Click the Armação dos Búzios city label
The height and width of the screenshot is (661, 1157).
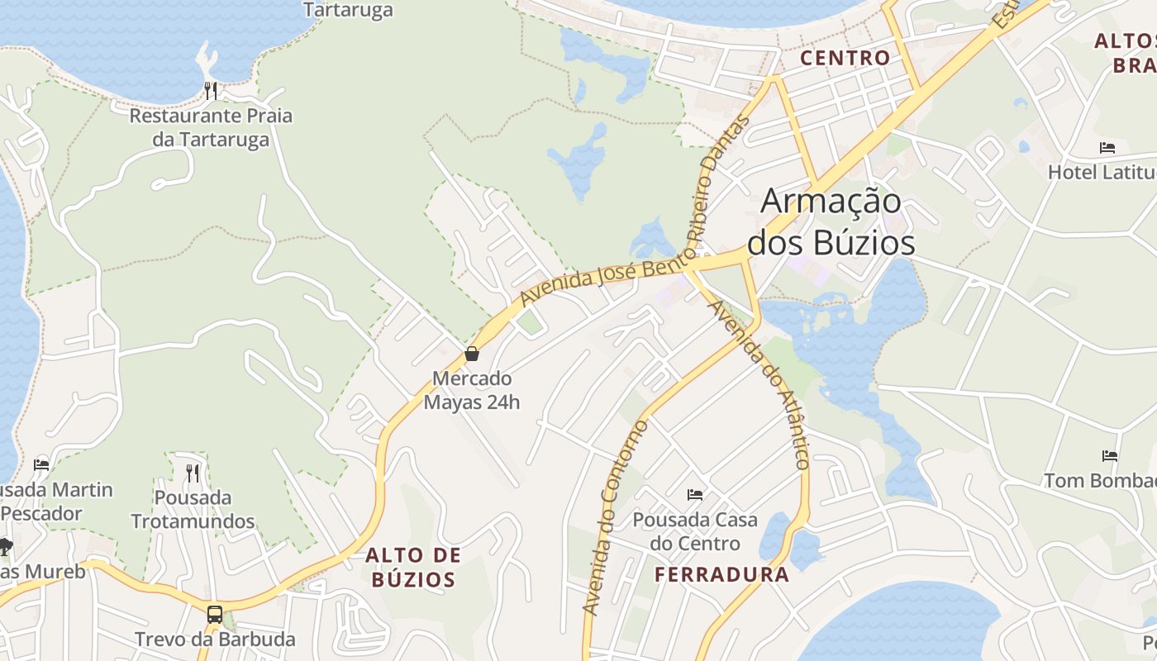tap(831, 221)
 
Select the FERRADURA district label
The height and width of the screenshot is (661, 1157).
tap(722, 574)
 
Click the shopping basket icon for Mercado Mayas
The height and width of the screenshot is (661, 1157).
tap(472, 354)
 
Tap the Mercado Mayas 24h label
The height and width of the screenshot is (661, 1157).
tap(472, 391)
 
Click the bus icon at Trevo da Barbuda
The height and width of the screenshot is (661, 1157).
tap(214, 614)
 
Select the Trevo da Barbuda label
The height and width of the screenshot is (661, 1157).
tap(215, 640)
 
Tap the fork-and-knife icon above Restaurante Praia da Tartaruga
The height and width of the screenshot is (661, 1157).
tap(211, 90)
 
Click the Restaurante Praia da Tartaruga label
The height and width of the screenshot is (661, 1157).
tap(211, 127)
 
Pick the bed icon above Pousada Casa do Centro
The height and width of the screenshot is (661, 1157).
tap(695, 495)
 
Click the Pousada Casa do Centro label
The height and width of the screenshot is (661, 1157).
tap(695, 531)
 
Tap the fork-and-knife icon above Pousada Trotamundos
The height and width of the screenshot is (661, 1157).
tap(193, 473)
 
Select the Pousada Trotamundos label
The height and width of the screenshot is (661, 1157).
tap(193, 510)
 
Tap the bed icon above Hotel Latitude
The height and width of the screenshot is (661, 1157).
tap(1107, 148)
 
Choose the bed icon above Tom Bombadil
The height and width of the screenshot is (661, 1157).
tap(1110, 455)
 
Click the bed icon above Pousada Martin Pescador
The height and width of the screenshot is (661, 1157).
tap(41, 464)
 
